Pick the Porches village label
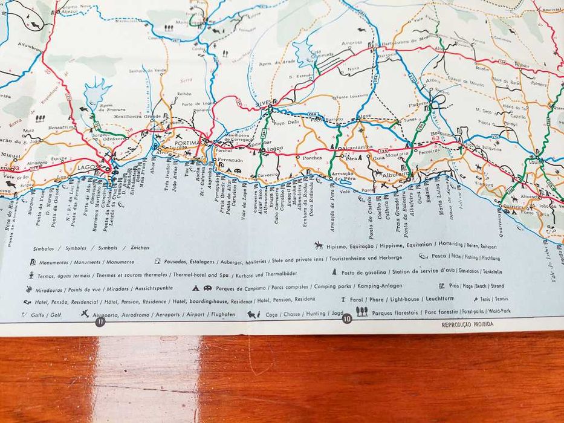point(313,158)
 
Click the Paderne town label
point(418,103)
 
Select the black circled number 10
point(346,319)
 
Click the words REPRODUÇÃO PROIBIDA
point(467,324)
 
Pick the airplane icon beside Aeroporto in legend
point(85,314)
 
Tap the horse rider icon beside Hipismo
point(319,245)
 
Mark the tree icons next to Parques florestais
point(361,311)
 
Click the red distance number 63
point(436,138)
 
